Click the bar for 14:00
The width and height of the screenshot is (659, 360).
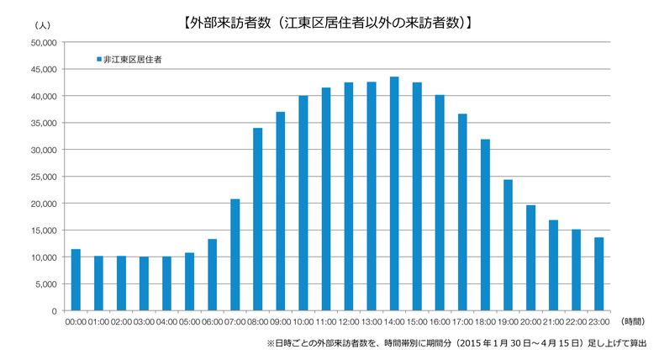(394, 193)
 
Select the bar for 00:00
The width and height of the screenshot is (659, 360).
(76, 279)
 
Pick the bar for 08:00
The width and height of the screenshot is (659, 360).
(258, 219)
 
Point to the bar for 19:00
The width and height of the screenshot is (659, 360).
(508, 245)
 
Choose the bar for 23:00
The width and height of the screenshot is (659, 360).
(598, 273)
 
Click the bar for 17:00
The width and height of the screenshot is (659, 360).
(462, 212)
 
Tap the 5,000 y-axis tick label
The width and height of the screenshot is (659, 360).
(45, 284)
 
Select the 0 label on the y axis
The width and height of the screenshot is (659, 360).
(53, 311)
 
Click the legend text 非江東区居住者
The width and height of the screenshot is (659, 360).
(132, 61)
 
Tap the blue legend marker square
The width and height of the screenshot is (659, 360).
(99, 61)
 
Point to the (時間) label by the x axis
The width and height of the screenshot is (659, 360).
(634, 321)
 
